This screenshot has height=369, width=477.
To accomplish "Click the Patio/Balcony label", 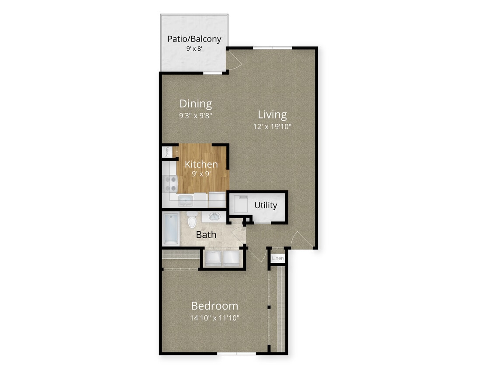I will (194, 38).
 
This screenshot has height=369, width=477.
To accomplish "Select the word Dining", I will (196, 104).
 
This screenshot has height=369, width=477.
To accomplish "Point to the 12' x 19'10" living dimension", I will (272, 127).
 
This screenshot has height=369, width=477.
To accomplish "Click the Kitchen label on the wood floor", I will (201, 164).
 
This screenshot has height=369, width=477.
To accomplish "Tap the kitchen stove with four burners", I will (170, 184).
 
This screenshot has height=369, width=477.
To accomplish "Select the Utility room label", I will (266, 205).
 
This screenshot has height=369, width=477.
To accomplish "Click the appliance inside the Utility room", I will (240, 204).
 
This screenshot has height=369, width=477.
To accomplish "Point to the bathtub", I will (170, 228).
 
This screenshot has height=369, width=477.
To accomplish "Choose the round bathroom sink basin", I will (214, 217).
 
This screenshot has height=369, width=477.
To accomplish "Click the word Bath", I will (206, 235).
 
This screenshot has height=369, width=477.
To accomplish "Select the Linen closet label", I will (278, 258).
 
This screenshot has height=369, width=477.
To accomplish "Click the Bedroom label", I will (214, 306).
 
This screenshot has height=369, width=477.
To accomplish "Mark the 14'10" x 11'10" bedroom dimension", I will (214, 318).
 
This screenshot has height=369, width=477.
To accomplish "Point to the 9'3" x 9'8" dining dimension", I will (196, 116).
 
